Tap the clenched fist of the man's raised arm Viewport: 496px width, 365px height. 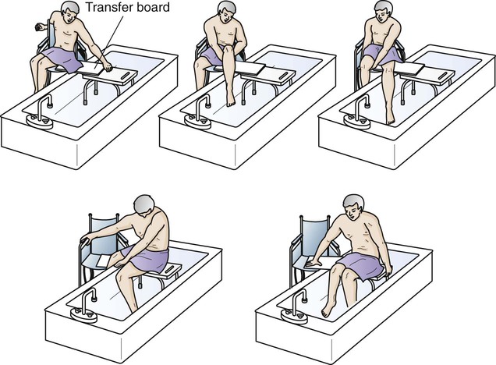(x=39, y=27)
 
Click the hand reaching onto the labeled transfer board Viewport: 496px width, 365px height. (x=108, y=67)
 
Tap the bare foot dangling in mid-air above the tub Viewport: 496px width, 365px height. (x=231, y=99)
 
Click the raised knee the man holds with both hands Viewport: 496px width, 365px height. (x=229, y=50)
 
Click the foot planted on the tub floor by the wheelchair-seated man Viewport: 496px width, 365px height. (x=391, y=118)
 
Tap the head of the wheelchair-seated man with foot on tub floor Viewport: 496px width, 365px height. (x=383, y=11)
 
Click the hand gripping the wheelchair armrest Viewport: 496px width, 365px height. (x=86, y=240)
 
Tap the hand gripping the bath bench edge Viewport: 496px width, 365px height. (x=388, y=271)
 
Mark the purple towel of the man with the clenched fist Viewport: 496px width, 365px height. (x=62, y=59)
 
